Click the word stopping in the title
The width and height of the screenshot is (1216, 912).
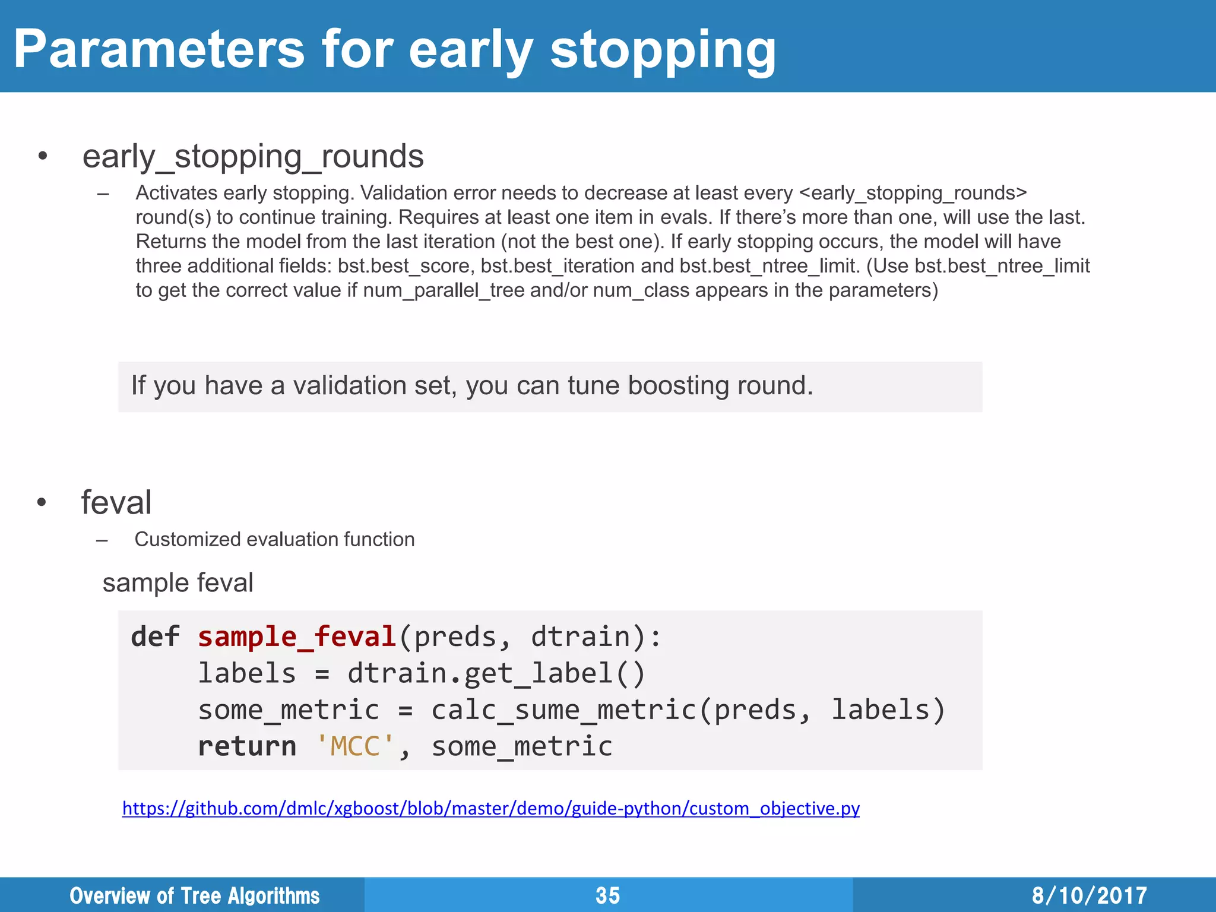(663, 50)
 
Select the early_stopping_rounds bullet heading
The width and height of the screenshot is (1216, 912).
(253, 157)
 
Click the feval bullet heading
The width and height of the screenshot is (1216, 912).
(116, 502)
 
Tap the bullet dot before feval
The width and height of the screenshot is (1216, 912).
(41, 503)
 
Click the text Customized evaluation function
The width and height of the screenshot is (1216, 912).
(274, 539)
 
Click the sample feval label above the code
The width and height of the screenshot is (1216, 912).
(178, 582)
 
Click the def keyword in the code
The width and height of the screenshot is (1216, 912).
(155, 637)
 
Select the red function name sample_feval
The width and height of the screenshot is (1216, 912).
(297, 637)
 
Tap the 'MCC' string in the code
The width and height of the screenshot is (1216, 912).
(354, 746)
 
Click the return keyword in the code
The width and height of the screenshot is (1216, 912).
(247, 746)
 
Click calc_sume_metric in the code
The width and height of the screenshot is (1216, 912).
(563, 710)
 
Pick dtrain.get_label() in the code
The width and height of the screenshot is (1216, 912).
(496, 674)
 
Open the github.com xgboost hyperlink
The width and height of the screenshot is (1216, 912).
(490, 809)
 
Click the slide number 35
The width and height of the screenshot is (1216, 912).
(607, 895)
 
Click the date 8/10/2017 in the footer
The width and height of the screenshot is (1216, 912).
(1089, 895)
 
